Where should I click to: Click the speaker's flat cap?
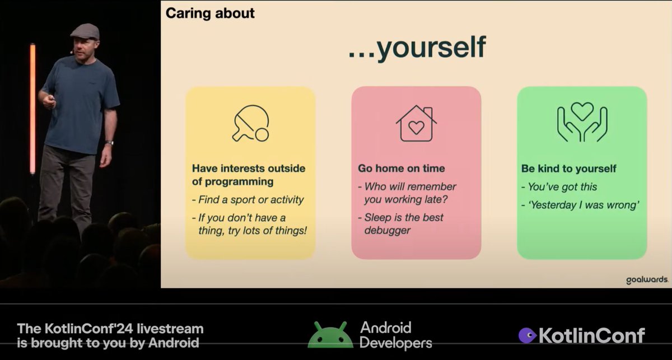(85, 31)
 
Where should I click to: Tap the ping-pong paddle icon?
(250, 123)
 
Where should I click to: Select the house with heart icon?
(416, 123)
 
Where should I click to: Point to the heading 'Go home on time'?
(402, 169)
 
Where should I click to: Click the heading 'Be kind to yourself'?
(568, 169)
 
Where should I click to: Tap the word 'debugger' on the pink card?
(388, 231)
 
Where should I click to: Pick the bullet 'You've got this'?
(563, 187)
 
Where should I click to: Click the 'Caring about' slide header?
(210, 13)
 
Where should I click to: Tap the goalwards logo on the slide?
(647, 280)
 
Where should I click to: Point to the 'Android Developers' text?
(395, 335)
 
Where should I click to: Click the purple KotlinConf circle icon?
(527, 335)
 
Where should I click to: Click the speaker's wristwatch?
(109, 143)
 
